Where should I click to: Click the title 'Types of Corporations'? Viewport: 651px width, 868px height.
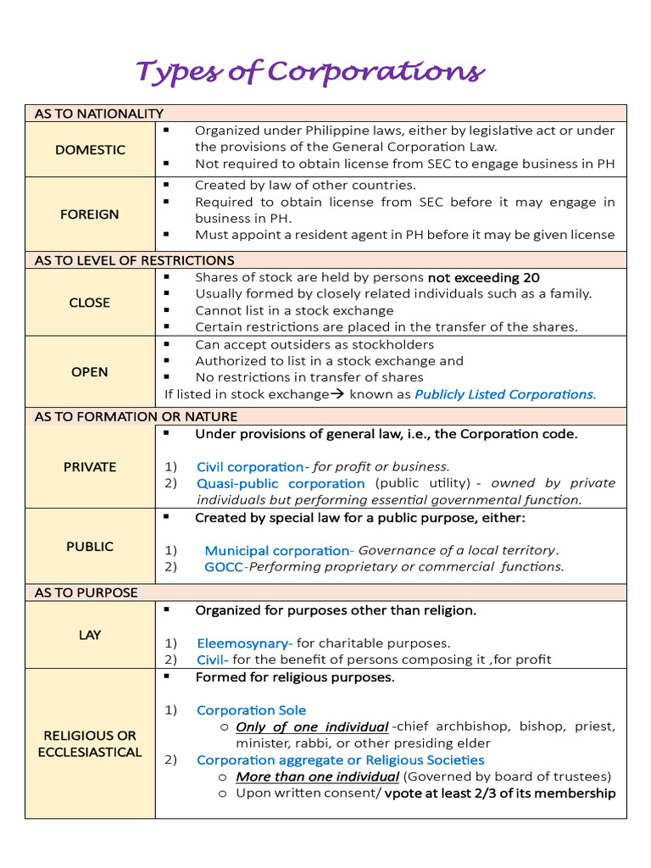pos(310,72)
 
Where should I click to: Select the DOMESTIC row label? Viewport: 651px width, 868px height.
pos(90,149)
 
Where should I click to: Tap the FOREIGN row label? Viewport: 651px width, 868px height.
pos(90,214)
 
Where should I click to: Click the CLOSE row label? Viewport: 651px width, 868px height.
pos(90,303)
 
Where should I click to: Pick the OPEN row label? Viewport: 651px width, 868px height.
pos(90,371)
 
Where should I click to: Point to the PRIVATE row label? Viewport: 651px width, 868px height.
pos(90,466)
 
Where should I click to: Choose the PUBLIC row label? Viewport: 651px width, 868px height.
pos(90,547)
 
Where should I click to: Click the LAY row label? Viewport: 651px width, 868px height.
pos(90,635)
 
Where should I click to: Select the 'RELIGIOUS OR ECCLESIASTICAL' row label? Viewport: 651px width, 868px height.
pos(90,743)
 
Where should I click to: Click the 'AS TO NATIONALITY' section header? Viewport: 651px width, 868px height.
pos(99,114)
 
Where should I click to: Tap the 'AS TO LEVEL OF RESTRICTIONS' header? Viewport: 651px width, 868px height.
pos(135,260)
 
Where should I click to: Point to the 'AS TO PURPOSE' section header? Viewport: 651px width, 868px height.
pos(86,593)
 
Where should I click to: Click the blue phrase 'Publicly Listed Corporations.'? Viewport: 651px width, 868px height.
pos(505,394)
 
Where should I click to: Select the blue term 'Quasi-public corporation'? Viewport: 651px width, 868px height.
pos(281,483)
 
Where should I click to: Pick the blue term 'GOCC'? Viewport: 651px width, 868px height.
pos(223,567)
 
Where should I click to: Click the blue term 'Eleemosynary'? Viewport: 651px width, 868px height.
pos(244,643)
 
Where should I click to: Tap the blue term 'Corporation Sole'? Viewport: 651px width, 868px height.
pos(252,710)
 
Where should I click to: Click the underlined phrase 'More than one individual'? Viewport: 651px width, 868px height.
pos(317,776)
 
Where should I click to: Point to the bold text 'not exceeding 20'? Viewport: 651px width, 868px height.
pos(483,277)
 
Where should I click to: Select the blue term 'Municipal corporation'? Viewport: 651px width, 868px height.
pos(276,551)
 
